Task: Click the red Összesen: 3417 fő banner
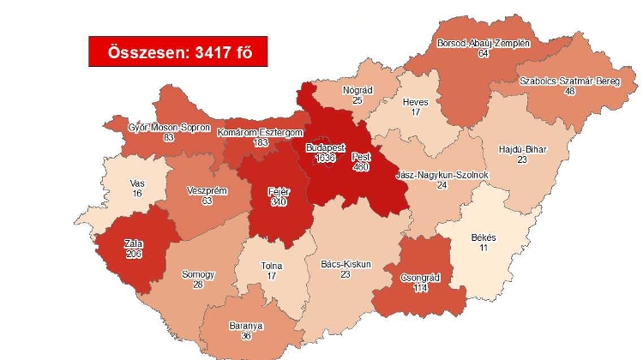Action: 177,52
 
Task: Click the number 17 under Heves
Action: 415,111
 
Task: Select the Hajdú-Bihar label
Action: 522,149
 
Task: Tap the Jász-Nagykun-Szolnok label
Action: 442,174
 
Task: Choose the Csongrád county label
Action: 420,278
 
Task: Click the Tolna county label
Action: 272,266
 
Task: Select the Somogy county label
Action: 197,275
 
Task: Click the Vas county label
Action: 136,183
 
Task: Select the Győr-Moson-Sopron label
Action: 157,127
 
